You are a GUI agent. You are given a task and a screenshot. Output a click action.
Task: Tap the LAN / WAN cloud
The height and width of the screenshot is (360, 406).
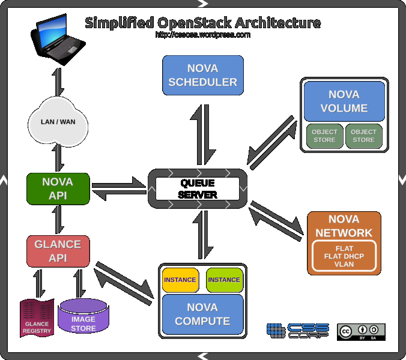click(57, 122)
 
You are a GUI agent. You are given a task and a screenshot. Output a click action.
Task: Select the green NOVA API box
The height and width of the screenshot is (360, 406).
click(58, 188)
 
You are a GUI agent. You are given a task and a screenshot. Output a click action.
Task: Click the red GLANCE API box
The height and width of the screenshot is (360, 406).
click(58, 251)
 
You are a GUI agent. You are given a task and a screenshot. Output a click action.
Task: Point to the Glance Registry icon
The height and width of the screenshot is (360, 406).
click(37, 318)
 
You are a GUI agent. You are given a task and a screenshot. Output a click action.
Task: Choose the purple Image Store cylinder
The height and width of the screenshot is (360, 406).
click(83, 316)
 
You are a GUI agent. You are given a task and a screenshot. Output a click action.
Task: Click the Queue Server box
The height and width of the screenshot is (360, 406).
click(198, 188)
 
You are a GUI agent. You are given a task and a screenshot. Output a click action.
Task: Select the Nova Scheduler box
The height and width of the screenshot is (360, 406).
click(202, 75)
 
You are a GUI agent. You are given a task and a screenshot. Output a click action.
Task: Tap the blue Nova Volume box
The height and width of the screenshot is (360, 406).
click(344, 101)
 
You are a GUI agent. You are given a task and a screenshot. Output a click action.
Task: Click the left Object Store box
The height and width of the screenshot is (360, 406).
click(324, 136)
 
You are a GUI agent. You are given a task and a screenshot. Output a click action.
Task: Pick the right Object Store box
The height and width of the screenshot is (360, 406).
click(363, 136)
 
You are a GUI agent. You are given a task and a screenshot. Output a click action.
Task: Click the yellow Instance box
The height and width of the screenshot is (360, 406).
click(180, 280)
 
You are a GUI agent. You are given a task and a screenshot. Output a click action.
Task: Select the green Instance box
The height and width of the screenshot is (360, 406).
click(224, 280)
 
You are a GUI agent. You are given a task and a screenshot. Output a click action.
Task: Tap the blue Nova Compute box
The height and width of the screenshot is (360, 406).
click(202, 314)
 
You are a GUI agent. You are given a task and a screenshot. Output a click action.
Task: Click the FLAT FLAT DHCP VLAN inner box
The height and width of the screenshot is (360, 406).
click(344, 256)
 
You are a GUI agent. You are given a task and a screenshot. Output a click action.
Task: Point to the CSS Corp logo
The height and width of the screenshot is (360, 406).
click(298, 331)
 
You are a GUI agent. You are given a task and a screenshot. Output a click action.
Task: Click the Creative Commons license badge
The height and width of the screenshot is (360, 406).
click(360, 332)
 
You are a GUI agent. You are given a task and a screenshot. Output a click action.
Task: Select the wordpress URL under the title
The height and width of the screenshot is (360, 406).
click(202, 35)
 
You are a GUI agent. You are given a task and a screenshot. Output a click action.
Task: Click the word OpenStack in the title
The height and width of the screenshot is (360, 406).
click(194, 23)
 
